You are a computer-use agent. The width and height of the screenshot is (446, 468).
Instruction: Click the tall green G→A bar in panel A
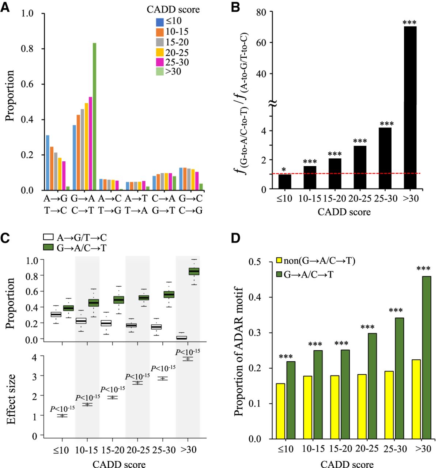[x=94, y=116]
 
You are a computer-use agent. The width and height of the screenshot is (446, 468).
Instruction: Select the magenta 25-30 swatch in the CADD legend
[x=160, y=63]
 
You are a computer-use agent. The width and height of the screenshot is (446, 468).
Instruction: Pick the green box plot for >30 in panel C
[x=194, y=271]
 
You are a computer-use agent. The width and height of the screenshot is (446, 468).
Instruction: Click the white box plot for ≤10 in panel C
[x=56, y=314]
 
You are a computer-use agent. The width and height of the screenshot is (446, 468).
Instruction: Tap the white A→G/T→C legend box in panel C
[x=48, y=237]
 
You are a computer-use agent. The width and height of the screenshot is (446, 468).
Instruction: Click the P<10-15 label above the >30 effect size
[x=188, y=352]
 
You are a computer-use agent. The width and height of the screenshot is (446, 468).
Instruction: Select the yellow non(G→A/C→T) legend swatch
[x=279, y=261]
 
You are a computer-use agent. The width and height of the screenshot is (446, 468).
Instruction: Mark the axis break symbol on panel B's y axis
[x=272, y=104]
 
